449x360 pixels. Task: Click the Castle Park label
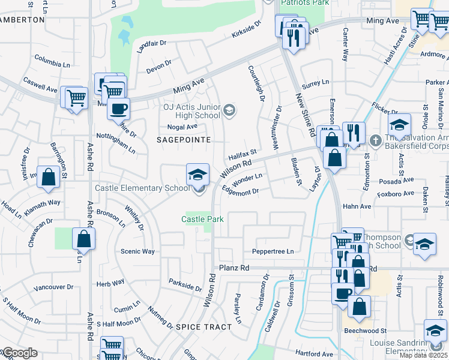tap(203, 220)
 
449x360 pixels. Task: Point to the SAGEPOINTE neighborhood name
tap(184, 139)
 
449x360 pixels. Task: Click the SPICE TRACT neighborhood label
tap(203, 326)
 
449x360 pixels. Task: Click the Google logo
tap(19, 353)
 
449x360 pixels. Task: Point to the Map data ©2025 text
tap(423, 355)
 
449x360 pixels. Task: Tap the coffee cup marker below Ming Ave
tap(118, 109)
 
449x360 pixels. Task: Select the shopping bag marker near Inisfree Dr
tap(49, 176)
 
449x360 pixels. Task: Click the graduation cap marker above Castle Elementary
tap(197, 174)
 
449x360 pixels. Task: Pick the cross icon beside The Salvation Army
tap(375, 140)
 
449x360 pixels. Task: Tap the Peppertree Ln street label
tap(274, 251)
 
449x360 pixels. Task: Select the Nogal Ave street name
tap(182, 127)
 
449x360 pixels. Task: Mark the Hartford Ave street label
tap(313, 354)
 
